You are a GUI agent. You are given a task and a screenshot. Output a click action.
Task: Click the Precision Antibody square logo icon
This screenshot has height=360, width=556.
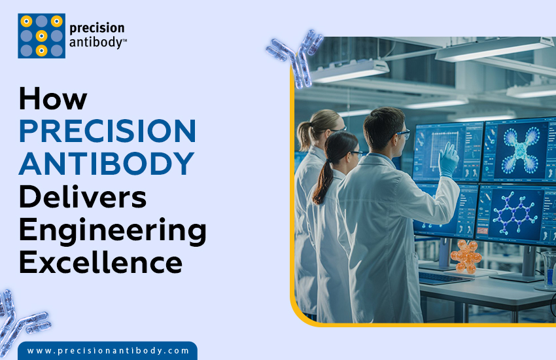coord(41,36)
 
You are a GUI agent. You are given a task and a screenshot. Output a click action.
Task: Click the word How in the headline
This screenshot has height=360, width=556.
coord(53,98)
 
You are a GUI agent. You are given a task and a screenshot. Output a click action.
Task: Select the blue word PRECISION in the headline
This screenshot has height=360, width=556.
coord(107,131)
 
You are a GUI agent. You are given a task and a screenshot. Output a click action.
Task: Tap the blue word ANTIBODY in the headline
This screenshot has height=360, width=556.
coord(106,164)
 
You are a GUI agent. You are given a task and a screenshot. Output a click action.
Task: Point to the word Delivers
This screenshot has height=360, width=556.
coord(82,198)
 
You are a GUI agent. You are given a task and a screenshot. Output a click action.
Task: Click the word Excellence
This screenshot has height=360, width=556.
coord(100,263)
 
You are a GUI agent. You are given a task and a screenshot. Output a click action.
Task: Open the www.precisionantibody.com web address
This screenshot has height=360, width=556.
coord(108,351)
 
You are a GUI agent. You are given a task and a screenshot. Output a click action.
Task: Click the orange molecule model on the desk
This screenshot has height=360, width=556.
coord(466,255)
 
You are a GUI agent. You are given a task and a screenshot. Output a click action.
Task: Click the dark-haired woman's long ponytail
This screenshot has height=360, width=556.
coord(322,183)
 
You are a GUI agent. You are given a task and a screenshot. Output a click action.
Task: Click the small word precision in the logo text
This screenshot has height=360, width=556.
coord(97,28)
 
